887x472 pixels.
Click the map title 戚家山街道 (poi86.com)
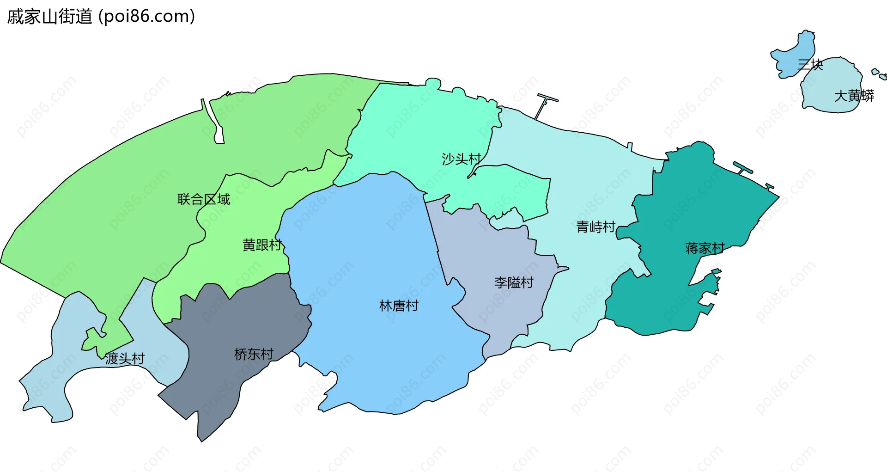pos(101,17)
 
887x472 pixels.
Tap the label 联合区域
pos(203,199)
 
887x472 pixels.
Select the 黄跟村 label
pos(262,245)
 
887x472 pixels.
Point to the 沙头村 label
pos(461,159)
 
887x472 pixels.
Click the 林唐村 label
pos(398,306)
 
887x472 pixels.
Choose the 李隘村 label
pos(514,282)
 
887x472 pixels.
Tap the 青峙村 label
pos(595,227)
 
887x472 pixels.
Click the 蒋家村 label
pos(705,248)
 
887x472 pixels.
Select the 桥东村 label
pos(254,354)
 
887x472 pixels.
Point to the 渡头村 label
pos(125,358)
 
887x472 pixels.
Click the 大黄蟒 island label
pos(854,96)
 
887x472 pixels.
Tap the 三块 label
pos(810,64)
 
